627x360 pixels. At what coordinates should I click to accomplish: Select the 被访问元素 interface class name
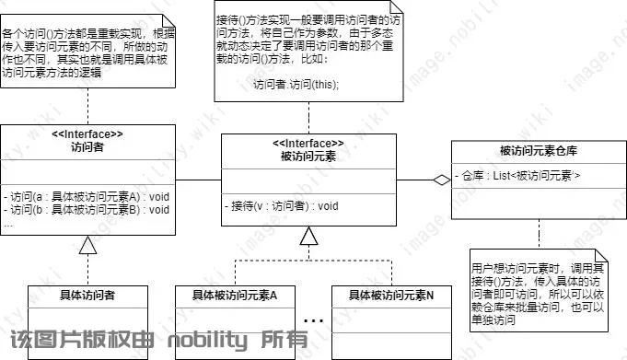click(308, 157)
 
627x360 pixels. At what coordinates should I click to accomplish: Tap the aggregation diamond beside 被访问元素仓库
click(443, 180)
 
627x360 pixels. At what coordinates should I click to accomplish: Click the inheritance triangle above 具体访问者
click(87, 244)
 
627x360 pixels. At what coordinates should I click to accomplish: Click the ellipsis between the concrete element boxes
click(314, 320)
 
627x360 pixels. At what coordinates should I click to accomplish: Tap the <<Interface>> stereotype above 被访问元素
click(308, 144)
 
